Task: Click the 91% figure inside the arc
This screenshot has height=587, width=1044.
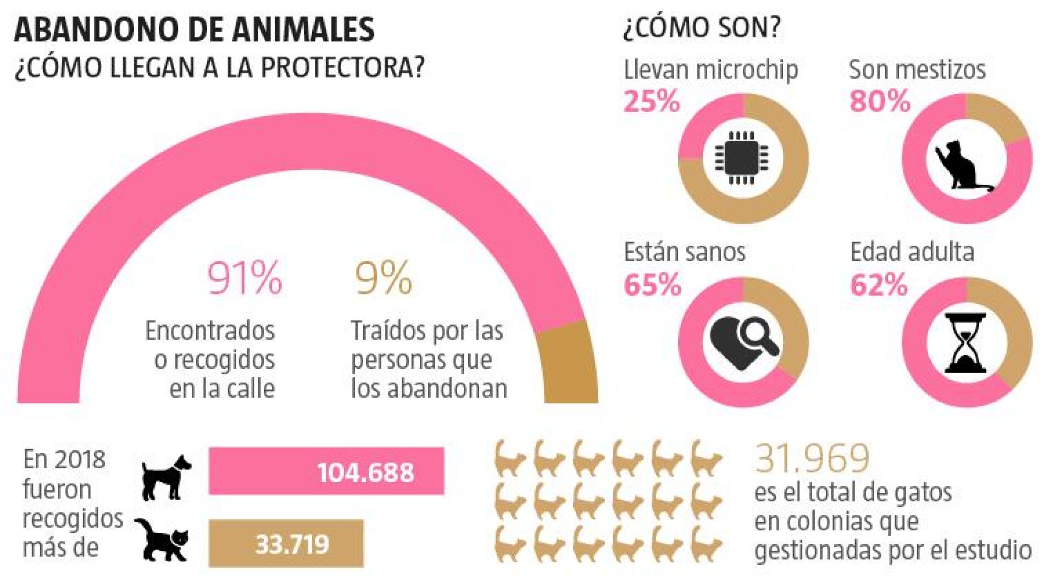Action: [245, 278]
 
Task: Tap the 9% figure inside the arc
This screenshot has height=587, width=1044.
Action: [383, 278]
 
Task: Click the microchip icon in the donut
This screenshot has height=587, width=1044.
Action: [741, 158]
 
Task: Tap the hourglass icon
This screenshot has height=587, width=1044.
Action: [965, 344]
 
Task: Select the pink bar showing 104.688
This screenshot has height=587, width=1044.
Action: [326, 471]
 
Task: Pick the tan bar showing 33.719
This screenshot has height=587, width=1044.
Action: [286, 543]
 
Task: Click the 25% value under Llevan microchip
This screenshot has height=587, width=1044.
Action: [652, 101]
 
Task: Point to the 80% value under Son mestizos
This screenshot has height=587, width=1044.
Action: [880, 101]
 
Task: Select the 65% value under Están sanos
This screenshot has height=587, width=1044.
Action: [653, 285]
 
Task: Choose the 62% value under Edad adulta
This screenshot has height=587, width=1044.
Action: [879, 285]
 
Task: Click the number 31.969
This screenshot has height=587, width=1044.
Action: [812, 458]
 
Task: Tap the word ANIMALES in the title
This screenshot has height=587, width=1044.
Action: [303, 29]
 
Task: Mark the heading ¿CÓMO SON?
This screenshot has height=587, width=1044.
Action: [702, 27]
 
